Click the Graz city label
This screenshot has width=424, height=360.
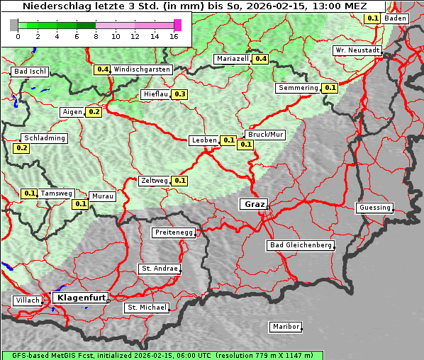click(254, 204)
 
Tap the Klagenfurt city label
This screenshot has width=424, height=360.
click(79, 298)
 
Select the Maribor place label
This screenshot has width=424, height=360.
click(286, 327)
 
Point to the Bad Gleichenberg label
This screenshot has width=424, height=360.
click(300, 245)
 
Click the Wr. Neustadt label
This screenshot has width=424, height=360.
click(357, 51)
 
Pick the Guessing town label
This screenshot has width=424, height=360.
click(374, 208)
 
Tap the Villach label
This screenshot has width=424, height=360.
click(27, 300)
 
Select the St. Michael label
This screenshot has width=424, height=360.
click(147, 308)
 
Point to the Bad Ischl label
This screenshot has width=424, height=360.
click(30, 72)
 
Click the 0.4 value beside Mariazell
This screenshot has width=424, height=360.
click(260, 59)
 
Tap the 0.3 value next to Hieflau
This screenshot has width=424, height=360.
click(179, 94)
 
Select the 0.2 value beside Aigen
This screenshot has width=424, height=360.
click(94, 112)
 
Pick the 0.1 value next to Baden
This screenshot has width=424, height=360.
click(372, 18)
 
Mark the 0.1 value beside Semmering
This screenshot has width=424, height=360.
click(329, 88)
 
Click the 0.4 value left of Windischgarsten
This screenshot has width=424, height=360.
click(103, 69)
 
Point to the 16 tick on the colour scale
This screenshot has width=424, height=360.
click(174, 36)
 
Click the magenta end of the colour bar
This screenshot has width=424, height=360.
click(177, 25)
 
